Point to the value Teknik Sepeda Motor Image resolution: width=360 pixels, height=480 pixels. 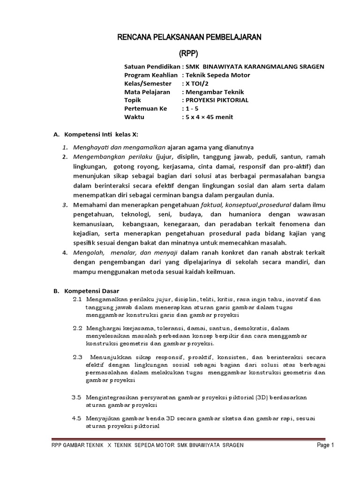[x=218, y=75]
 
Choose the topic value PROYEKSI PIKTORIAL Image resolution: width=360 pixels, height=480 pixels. [x=217, y=100]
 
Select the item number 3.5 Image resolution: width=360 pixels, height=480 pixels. [x=77, y=397]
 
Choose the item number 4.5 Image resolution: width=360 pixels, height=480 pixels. [x=77, y=419]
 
